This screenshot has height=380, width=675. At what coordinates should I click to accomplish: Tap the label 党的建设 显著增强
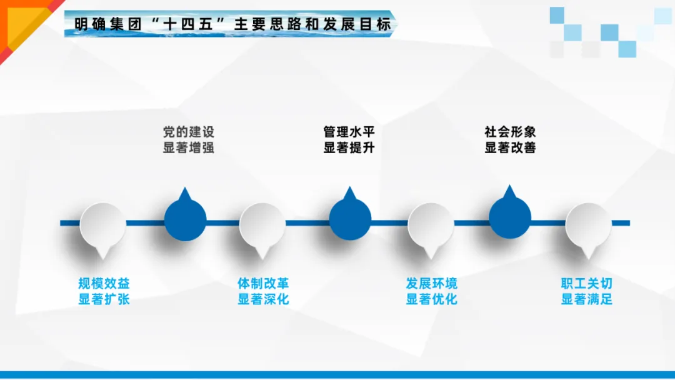(188, 140)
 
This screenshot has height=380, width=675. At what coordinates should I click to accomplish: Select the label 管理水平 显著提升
(349, 140)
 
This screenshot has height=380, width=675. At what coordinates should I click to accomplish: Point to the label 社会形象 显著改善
(510, 140)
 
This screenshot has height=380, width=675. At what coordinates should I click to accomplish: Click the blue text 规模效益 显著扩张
(104, 291)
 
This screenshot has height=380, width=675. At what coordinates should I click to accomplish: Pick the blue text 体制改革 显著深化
(263, 291)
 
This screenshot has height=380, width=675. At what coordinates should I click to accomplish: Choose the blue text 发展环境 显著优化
(431, 291)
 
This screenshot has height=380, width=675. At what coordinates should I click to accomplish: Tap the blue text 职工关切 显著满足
(586, 291)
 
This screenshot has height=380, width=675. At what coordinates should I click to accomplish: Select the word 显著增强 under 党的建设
(188, 148)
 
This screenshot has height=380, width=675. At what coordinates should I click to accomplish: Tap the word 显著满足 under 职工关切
(586, 299)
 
